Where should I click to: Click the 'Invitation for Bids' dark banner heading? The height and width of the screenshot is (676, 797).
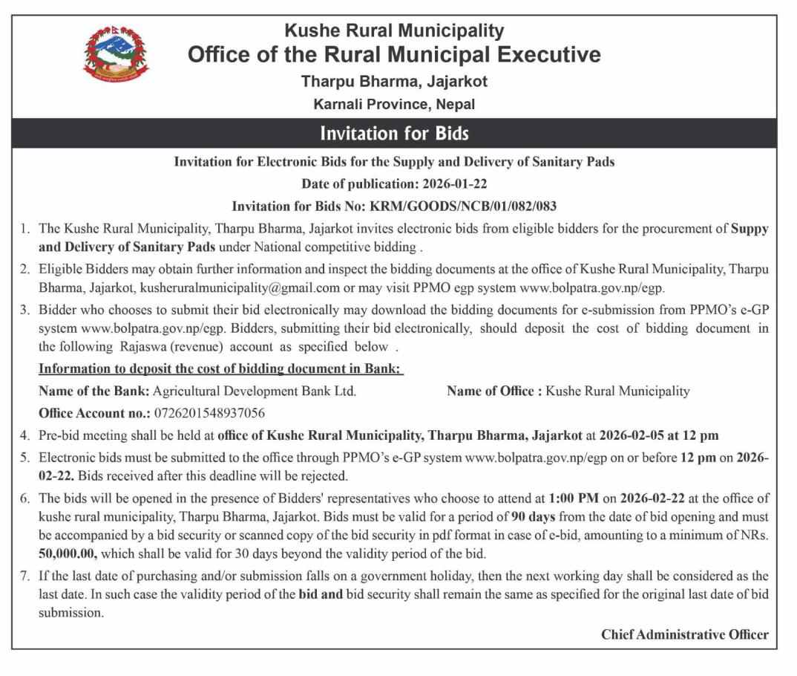pyautogui.click(x=394, y=134)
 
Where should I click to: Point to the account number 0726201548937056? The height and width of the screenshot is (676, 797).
pyautogui.click(x=209, y=412)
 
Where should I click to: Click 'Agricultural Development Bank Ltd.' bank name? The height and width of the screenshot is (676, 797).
pyautogui.click(x=254, y=391)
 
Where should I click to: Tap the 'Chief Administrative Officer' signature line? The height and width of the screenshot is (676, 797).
pyautogui.click(x=684, y=634)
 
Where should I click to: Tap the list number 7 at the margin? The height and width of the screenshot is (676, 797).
pyautogui.click(x=24, y=576)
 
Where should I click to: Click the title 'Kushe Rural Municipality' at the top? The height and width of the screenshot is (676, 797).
pyautogui.click(x=394, y=31)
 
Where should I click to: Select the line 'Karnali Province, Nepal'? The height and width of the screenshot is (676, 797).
pyautogui.click(x=394, y=104)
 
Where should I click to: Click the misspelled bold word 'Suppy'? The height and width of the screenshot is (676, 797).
pyautogui.click(x=749, y=229)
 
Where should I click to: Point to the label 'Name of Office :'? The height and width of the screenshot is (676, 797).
pyautogui.click(x=494, y=391)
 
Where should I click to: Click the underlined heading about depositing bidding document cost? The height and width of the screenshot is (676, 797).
pyautogui.click(x=220, y=368)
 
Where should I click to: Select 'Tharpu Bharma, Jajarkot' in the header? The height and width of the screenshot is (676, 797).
pyautogui.click(x=394, y=81)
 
